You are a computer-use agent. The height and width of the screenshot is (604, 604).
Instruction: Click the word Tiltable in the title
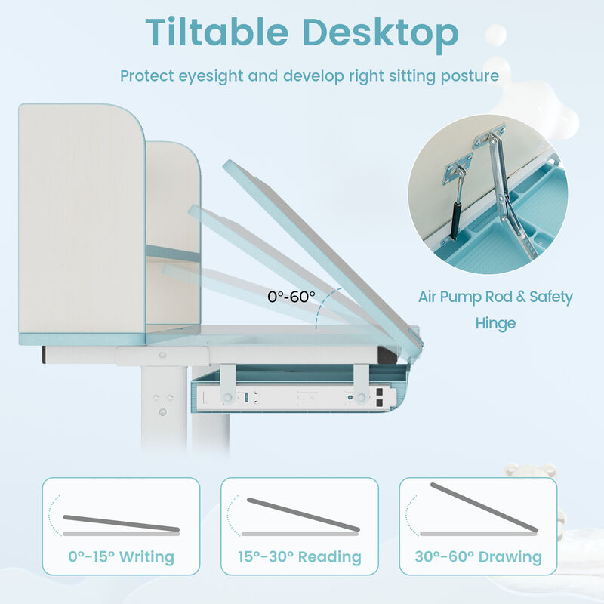pos(219,32)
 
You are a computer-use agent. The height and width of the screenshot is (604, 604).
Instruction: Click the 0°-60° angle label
pos(291,297)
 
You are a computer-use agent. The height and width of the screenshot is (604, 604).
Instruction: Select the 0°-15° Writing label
pos(121,557)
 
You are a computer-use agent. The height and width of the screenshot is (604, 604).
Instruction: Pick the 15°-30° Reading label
pos(300,557)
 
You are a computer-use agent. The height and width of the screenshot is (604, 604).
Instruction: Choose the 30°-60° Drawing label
pos(478,557)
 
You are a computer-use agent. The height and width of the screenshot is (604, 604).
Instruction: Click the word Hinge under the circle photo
pos(495,323)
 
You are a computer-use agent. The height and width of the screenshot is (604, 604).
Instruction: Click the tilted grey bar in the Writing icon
pos(121,522)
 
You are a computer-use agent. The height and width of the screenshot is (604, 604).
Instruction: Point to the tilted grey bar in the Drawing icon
pos(483,507)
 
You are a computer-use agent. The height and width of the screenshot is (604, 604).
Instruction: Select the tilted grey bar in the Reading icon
pos(303,514)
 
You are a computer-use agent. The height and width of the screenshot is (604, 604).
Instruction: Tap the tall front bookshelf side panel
pos(82,219)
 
